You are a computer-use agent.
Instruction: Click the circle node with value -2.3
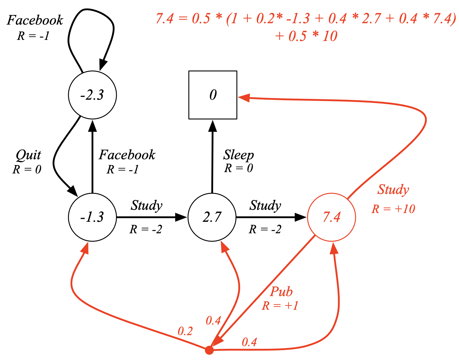pos(92,95)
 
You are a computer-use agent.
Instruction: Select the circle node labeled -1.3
pos(92,217)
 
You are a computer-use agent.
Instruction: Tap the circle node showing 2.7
pos(212,217)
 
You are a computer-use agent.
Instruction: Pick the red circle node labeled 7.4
pos(332,217)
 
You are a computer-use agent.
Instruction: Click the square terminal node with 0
pos(213,95)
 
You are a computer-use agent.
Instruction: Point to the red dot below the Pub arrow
pos(209,350)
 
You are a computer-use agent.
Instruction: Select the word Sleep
pos(239,155)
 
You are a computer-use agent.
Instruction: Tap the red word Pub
pos(281,292)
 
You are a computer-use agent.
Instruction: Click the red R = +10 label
pos(393,209)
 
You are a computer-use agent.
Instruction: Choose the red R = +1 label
pos(280,306)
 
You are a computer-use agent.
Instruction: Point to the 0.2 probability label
pos(185,331)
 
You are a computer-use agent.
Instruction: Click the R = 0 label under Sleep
pos(239,168)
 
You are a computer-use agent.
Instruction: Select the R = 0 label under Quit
pos(27,170)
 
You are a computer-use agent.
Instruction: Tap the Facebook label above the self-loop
pos(35,20)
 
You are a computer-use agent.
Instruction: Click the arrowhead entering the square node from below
pos(213,126)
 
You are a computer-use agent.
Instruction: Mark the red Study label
pos(393,190)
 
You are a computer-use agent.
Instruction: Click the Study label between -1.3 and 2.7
pos(147,205)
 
